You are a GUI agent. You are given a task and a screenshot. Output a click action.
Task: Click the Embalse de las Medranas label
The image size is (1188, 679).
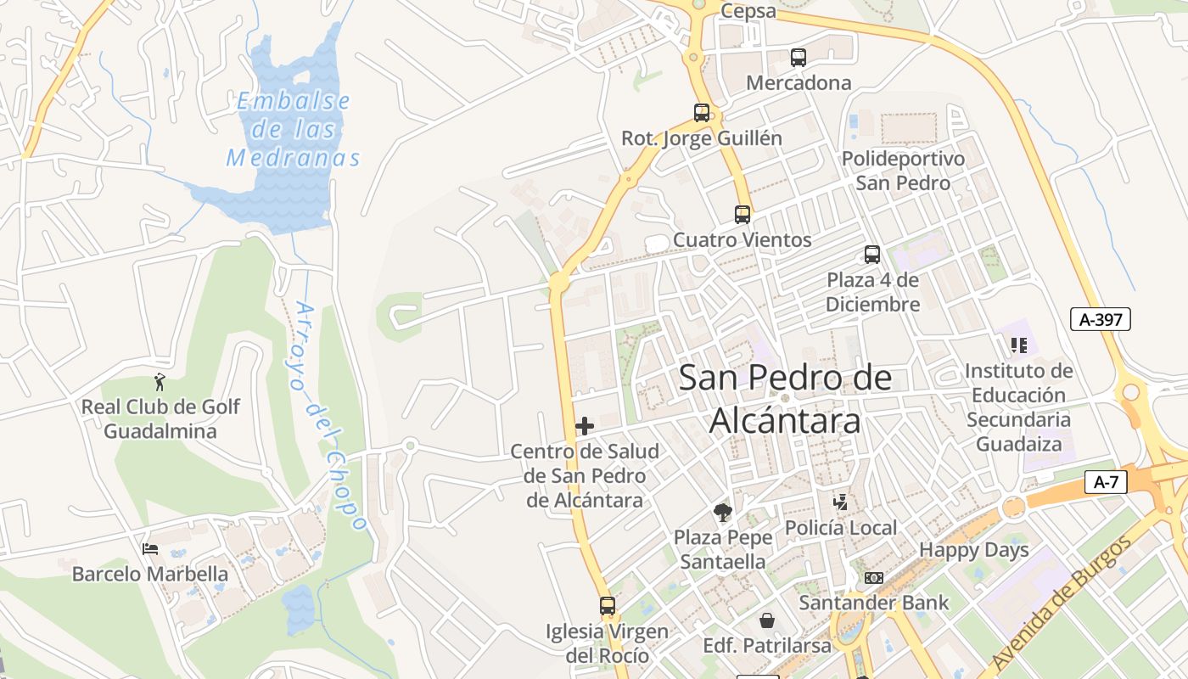(x=294, y=129)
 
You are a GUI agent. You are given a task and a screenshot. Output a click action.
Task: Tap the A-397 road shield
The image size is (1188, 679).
(x=1100, y=319)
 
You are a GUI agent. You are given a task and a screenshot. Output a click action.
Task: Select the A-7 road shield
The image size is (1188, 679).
(x=1106, y=483)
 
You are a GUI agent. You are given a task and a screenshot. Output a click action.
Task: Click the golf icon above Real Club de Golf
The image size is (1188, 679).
(x=160, y=383)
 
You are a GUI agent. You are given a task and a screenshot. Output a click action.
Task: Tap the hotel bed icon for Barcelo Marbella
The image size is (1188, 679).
(x=150, y=549)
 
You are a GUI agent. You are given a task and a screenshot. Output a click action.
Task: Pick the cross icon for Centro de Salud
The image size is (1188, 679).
(x=585, y=426)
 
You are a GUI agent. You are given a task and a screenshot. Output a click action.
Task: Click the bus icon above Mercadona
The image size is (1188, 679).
(x=799, y=58)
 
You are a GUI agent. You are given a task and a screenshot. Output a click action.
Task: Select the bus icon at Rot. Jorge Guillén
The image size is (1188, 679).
(x=702, y=113)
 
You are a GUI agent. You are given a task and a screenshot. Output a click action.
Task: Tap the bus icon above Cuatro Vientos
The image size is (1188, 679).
(x=742, y=215)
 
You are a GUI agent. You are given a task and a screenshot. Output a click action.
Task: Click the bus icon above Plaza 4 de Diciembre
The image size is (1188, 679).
(x=872, y=255)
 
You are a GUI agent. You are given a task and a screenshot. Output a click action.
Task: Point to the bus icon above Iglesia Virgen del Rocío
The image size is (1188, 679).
(x=608, y=606)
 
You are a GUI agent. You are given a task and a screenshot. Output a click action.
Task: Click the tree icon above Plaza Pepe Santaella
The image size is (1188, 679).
(x=723, y=512)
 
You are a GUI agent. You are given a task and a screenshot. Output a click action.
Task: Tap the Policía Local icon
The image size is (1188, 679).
(x=840, y=502)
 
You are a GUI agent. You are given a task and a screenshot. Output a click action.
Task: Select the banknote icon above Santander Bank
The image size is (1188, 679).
(x=873, y=578)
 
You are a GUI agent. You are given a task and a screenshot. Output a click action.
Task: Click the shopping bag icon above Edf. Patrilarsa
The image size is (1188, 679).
(x=767, y=620)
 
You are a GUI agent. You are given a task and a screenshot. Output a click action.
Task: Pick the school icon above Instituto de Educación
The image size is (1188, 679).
(x=1018, y=345)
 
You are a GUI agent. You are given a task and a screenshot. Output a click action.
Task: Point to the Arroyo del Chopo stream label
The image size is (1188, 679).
(x=328, y=416)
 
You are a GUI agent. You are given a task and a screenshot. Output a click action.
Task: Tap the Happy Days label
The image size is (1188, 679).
(x=973, y=550)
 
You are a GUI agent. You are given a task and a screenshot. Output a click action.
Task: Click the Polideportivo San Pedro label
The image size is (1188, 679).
(x=903, y=171)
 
